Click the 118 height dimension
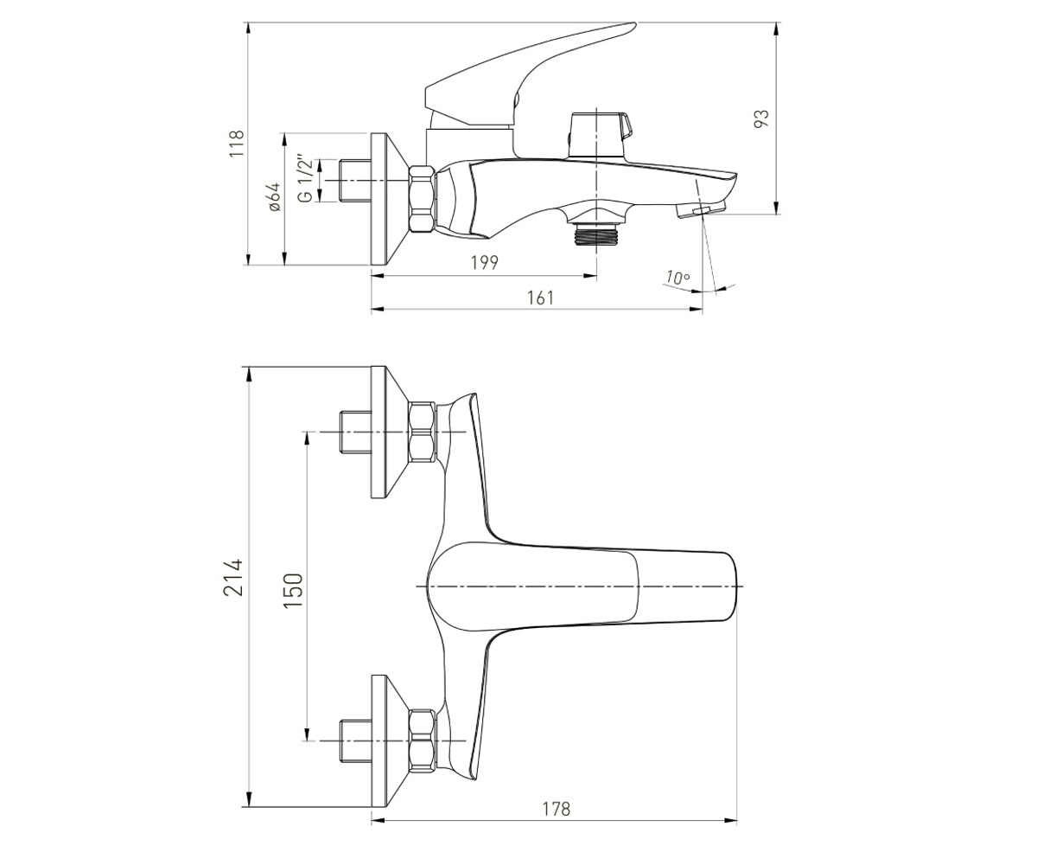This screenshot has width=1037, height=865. coord(237,144)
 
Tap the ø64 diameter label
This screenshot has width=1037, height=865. coord(275,197)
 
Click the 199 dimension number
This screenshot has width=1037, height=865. coord(484,262)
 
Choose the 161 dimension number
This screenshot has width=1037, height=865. coord(540,298)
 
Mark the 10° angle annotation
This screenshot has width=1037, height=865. coord(678,277)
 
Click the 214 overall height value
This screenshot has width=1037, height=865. coord(233,577)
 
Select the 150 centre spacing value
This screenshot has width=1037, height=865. coord(293,590)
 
